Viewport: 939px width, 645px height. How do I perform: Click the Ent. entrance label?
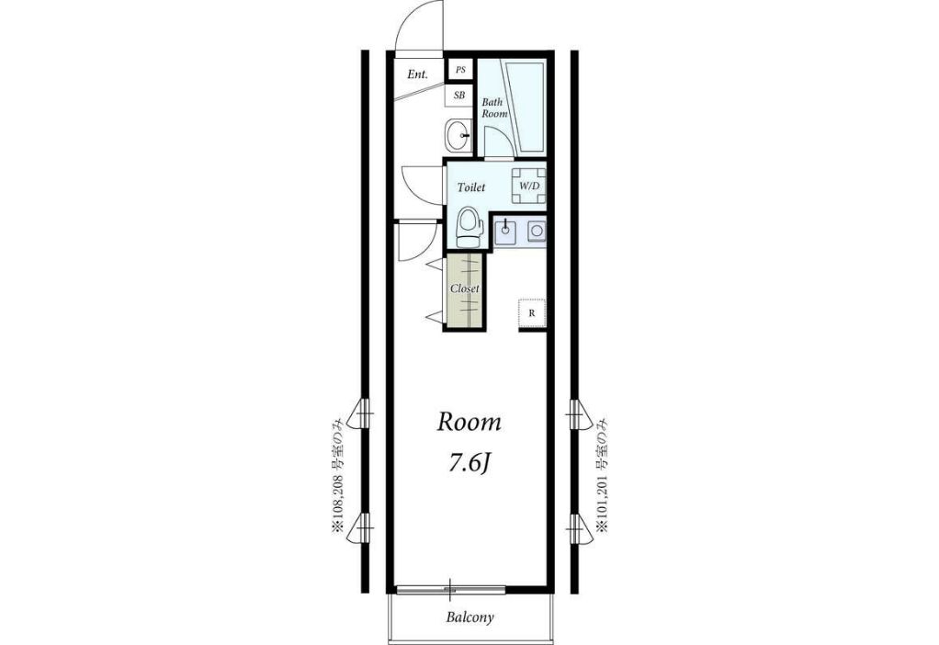tap(417, 74)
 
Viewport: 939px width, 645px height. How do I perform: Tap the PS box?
tap(460, 70)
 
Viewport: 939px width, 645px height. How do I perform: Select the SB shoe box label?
tap(459, 96)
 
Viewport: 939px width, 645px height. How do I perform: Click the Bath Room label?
tap(494, 107)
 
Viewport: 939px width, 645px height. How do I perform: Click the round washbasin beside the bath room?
tap(459, 135)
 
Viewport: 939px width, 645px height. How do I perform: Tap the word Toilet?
tap(470, 187)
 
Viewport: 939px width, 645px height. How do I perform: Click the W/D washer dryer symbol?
tap(529, 186)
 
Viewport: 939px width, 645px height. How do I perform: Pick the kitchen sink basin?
tap(506, 232)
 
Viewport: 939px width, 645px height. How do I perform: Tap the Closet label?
tap(464, 289)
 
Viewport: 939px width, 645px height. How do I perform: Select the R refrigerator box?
tap(532, 312)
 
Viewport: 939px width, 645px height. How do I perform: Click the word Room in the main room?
tap(469, 423)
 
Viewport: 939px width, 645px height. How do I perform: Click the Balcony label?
tap(470, 617)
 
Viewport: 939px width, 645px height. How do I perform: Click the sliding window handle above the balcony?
tap(450, 589)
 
